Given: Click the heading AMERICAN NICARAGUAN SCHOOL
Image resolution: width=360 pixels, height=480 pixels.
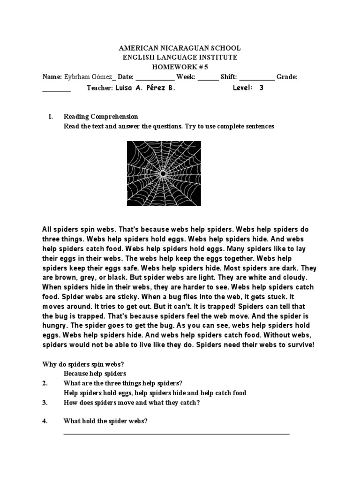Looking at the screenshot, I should click(180, 48).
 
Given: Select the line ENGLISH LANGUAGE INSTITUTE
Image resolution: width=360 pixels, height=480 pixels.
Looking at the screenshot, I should click(180, 57).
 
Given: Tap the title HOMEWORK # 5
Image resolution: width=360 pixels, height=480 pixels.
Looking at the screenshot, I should click(180, 67).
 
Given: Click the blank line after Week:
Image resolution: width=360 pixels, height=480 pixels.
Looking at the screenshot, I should click(208, 78).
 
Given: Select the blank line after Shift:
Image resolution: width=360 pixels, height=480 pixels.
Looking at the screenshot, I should click(257, 78).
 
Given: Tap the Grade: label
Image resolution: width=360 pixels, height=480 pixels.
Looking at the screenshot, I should click(287, 76).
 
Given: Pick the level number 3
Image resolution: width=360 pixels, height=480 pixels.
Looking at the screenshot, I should click(261, 88).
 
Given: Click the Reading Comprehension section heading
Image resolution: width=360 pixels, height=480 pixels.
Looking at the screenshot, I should click(101, 117).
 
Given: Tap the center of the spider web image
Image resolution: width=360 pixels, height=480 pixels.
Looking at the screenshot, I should click(164, 173).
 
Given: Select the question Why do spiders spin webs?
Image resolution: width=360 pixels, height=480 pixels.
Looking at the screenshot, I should click(83, 364).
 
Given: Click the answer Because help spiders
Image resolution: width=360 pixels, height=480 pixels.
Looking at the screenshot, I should click(95, 374).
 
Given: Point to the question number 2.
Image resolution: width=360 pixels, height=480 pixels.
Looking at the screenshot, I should click(45, 383).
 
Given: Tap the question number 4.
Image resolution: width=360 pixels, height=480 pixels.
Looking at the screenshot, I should click(45, 421).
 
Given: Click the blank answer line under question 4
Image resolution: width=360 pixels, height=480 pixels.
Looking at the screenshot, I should click(176, 433).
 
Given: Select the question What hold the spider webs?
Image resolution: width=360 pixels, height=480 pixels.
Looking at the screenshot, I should click(105, 421).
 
